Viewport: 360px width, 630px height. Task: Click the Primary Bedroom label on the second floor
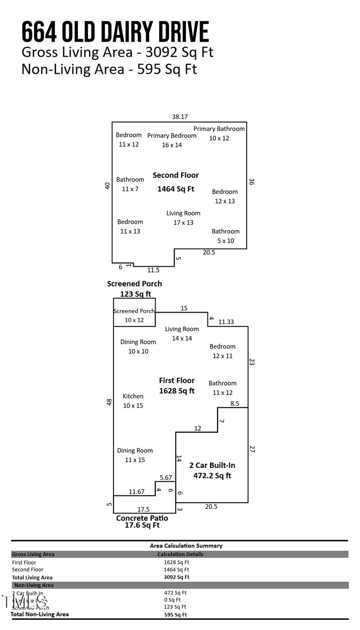[x=172, y=140]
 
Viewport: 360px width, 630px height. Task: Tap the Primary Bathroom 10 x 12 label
[x=219, y=133]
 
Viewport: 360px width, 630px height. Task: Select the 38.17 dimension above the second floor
[x=180, y=117]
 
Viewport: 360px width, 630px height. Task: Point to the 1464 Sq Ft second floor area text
[x=175, y=189]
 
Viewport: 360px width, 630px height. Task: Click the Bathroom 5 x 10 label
[x=225, y=236]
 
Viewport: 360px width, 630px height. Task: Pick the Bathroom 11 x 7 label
[x=130, y=184]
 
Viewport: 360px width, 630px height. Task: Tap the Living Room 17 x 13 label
[x=183, y=218]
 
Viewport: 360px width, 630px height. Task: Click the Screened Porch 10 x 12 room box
[x=134, y=315]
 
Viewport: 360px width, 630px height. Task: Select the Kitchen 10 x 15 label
[x=133, y=401]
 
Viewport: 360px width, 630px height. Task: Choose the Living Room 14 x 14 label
[x=182, y=333]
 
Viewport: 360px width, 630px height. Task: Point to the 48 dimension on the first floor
[x=109, y=402]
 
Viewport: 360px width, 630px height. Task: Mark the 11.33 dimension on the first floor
[x=226, y=322]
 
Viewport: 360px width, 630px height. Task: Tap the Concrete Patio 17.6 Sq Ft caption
[x=142, y=521]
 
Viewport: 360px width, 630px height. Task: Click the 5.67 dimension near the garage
[x=166, y=477]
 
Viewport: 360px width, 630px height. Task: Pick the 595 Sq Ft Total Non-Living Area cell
[x=175, y=615]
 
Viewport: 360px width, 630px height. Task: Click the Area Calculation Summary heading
[x=186, y=546]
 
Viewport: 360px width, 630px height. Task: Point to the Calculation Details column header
[x=180, y=554]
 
